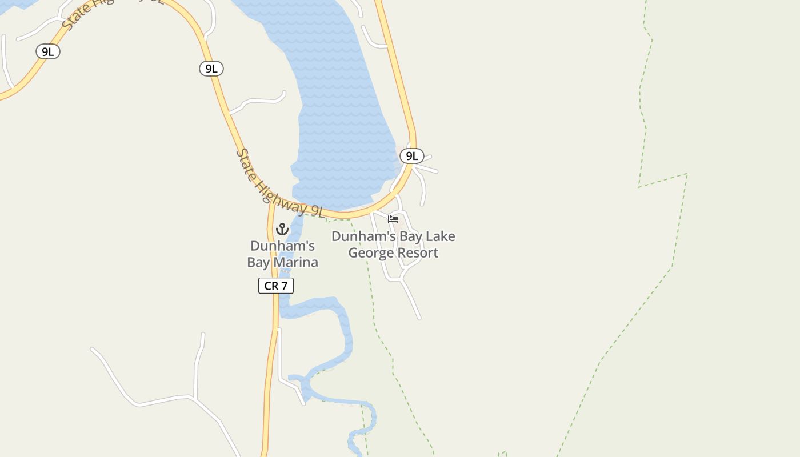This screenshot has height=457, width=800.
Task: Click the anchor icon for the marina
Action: click(x=282, y=229)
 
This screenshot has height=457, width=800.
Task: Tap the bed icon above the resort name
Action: click(x=393, y=219)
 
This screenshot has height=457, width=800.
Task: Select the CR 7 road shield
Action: click(x=276, y=286)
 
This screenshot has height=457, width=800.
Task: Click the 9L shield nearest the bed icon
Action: click(x=411, y=155)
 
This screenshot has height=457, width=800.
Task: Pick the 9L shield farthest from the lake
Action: click(x=48, y=51)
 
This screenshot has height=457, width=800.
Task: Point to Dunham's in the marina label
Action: click(x=282, y=246)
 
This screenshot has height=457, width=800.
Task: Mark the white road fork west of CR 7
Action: click(x=195, y=398)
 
